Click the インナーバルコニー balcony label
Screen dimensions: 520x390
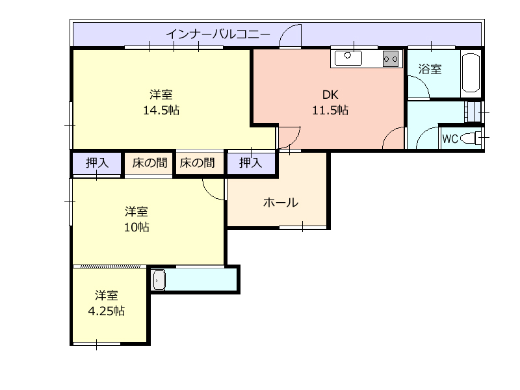218,34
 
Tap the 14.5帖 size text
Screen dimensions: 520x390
161,110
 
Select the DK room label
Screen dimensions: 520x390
330,95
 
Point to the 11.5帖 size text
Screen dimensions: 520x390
330,110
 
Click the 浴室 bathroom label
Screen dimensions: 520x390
430,69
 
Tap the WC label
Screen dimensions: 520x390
450,138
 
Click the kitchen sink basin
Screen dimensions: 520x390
348,58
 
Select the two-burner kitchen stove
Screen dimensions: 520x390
391,59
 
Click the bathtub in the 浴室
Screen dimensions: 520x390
471,72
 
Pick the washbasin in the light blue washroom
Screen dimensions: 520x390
159,280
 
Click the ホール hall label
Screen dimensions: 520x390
281,202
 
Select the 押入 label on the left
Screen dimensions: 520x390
97,163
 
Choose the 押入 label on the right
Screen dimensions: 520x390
251,163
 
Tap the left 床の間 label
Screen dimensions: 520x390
149,163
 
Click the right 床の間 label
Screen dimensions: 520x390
198,163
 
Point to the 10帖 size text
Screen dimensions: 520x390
136,227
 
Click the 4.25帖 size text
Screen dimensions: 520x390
106,311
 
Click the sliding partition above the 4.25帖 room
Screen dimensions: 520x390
109,266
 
